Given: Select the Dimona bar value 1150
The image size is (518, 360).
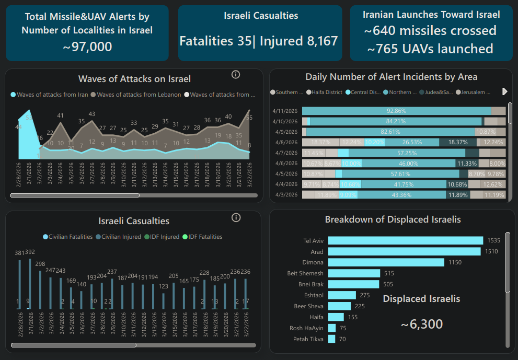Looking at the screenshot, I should (x=456, y=262).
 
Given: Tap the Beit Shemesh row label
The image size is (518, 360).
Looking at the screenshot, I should (x=305, y=273).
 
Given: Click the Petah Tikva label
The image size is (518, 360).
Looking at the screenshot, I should (x=308, y=339).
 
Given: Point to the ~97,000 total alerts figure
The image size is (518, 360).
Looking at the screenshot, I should (x=87, y=47).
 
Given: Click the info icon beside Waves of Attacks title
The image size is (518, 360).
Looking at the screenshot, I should (x=236, y=74).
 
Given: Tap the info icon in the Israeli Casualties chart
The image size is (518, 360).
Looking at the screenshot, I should (x=236, y=217).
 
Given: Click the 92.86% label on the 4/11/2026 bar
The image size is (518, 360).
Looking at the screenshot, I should (x=396, y=111).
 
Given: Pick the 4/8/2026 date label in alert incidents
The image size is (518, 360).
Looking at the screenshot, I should (x=285, y=142).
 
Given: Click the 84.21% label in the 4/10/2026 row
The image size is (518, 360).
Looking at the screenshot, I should (x=396, y=121).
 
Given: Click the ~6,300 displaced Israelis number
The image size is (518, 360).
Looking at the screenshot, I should (x=422, y=324).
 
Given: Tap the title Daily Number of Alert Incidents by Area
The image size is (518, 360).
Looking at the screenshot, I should (x=391, y=77).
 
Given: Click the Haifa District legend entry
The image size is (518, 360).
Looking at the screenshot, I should (x=325, y=92).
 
